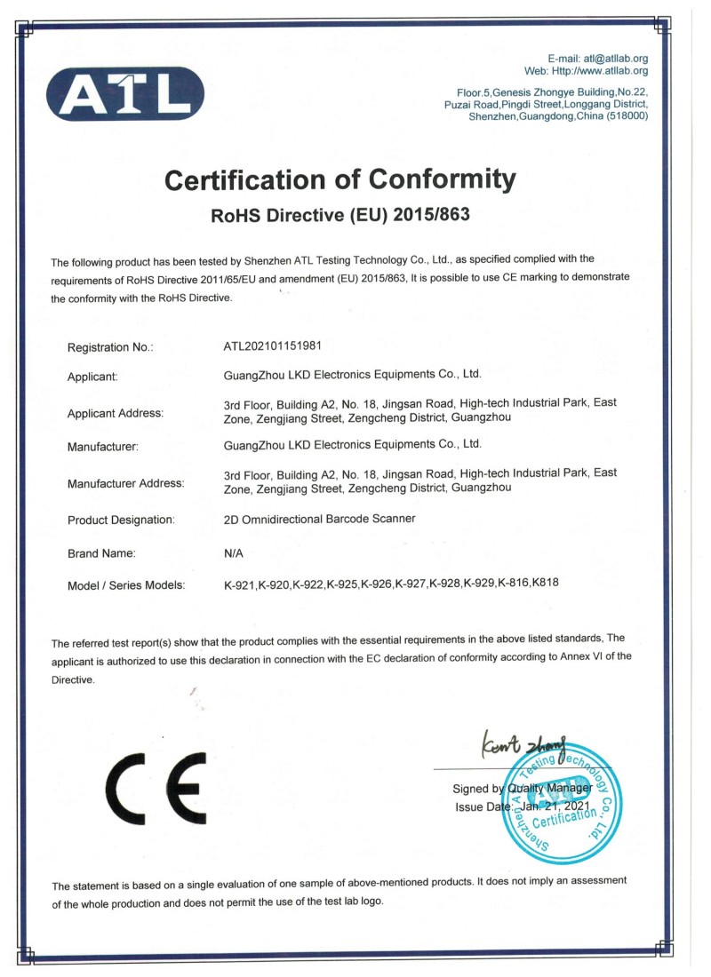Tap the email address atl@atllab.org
tap(612, 59)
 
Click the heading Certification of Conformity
tap(340, 180)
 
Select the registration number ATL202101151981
tap(279, 346)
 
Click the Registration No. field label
tap(110, 347)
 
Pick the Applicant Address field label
tap(116, 413)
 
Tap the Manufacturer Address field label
tap(125, 484)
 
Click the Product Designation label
tap(121, 520)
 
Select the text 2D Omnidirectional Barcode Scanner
tap(321, 519)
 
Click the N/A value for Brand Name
tap(234, 553)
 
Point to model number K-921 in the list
tap(240, 584)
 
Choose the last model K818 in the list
tap(547, 584)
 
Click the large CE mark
tap(155, 790)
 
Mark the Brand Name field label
tap(101, 553)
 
